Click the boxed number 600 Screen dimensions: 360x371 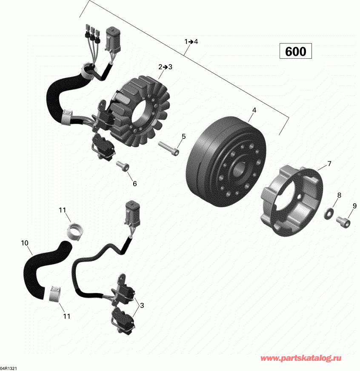pyautogui.click(x=296, y=51)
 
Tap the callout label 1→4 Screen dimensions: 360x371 pyautogui.click(x=191, y=42)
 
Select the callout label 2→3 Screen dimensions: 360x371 pyautogui.click(x=165, y=67)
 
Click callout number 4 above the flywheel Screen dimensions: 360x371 pyautogui.click(x=254, y=110)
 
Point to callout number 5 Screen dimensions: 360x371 pyautogui.click(x=184, y=137)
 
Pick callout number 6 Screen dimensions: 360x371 pyautogui.click(x=134, y=183)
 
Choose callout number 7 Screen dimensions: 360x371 pyautogui.click(x=329, y=163)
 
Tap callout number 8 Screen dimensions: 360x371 pyautogui.click(x=339, y=195)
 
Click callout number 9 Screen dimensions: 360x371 pyautogui.click(x=354, y=206)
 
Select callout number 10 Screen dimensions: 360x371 pyautogui.click(x=25, y=243)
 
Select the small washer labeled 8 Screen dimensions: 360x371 pyautogui.click(x=328, y=214)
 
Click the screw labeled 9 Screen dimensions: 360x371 pyautogui.click(x=343, y=222)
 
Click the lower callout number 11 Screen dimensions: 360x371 pyautogui.click(x=66, y=316)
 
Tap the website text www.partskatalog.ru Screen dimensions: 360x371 pyautogui.click(x=300, y=358)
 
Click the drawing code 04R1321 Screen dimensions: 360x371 pyautogui.click(x=9, y=368)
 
